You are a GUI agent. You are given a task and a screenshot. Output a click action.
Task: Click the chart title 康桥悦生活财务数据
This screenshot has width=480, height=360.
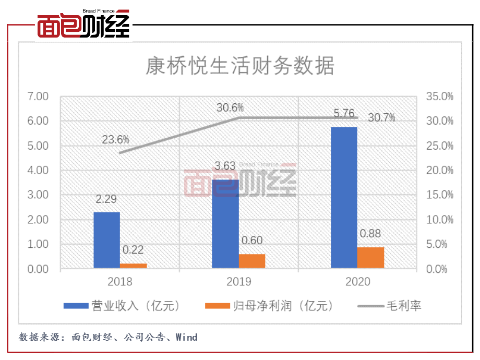pos(239,66)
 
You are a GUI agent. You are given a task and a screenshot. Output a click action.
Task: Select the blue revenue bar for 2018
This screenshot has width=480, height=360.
pos(106,240)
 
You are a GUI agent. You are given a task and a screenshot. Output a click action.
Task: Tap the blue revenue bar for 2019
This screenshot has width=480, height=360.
pos(225,224)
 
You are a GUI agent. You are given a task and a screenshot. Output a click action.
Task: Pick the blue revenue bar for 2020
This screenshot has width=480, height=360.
pos(344,198)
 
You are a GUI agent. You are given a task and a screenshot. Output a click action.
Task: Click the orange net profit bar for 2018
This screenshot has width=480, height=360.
pos(134,266)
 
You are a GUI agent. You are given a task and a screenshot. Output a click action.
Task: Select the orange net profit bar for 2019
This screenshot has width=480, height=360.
pos(252,261)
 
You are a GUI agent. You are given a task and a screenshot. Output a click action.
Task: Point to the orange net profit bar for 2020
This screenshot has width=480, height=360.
pos(371,258)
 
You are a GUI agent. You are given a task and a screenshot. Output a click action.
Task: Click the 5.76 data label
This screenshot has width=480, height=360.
pos(344,114)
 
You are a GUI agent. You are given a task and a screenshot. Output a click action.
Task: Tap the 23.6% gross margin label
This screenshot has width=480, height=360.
pos(115,140)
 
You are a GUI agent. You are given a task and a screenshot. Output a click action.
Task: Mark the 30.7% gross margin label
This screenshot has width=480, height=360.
pos(381,117)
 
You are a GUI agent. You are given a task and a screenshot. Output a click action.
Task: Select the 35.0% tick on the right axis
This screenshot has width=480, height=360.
pos(440,97)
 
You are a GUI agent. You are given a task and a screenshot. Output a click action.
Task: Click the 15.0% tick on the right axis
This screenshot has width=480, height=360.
pos(440,195)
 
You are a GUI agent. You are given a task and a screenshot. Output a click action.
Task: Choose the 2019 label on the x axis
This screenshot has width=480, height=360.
pos(238,282)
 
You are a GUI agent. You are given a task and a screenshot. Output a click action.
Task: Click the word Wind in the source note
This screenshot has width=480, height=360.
pos(186,337)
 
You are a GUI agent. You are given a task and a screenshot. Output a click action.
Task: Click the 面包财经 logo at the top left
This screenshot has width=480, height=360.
pos(83,26)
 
